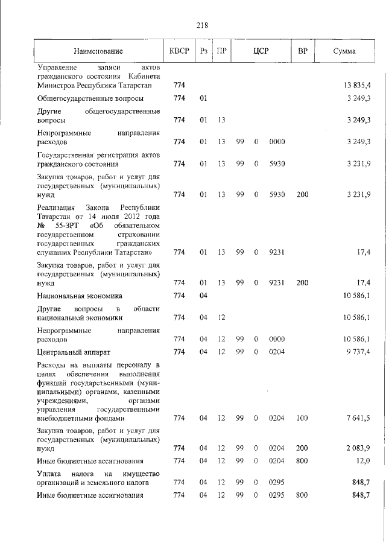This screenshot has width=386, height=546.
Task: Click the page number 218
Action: tap(202, 25)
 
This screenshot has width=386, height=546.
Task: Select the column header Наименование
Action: tap(98, 52)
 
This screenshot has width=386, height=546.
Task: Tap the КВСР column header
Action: tap(179, 52)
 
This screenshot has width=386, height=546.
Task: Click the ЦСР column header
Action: tap(261, 52)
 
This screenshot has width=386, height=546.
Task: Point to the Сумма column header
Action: tap(344, 52)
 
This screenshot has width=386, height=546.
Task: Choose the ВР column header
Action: tap(303, 52)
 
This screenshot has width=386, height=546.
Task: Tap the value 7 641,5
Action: tap(358, 417)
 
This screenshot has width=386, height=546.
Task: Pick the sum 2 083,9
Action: tap(358, 448)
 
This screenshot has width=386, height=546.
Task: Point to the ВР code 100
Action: tap(302, 417)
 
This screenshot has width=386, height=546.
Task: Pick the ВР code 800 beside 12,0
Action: tap(302, 461)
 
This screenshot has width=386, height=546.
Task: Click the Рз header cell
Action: tap(204, 52)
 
